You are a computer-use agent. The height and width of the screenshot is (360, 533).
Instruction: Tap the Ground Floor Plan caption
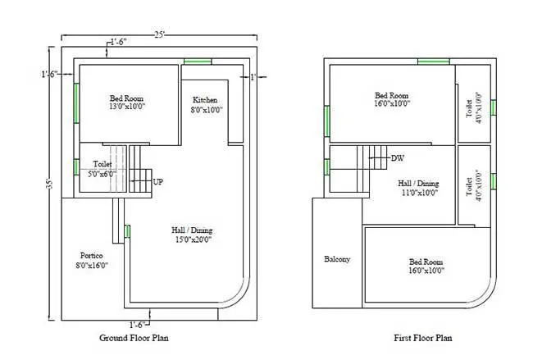[134, 337]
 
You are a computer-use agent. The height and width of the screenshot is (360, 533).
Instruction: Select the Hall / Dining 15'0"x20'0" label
[191, 235]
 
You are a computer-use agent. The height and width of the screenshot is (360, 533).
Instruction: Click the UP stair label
[159, 181]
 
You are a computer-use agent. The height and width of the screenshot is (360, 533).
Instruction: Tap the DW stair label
[398, 157]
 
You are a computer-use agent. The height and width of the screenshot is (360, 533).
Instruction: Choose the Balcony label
[337, 259]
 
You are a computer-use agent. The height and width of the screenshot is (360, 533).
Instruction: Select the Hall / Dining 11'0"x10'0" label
[418, 188]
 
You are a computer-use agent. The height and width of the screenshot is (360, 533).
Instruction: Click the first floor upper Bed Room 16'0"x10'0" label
[391, 99]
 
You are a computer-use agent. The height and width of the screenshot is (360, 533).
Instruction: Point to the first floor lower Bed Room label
[426, 267]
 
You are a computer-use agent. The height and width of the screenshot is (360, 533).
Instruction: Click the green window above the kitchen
[198, 62]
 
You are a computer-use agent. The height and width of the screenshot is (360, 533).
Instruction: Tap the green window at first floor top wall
[433, 62]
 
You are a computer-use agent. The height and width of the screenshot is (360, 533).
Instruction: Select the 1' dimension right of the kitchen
[253, 76]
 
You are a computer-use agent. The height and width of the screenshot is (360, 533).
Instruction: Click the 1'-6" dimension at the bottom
[139, 324]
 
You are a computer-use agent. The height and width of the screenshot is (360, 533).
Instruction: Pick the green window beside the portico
[127, 231]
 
